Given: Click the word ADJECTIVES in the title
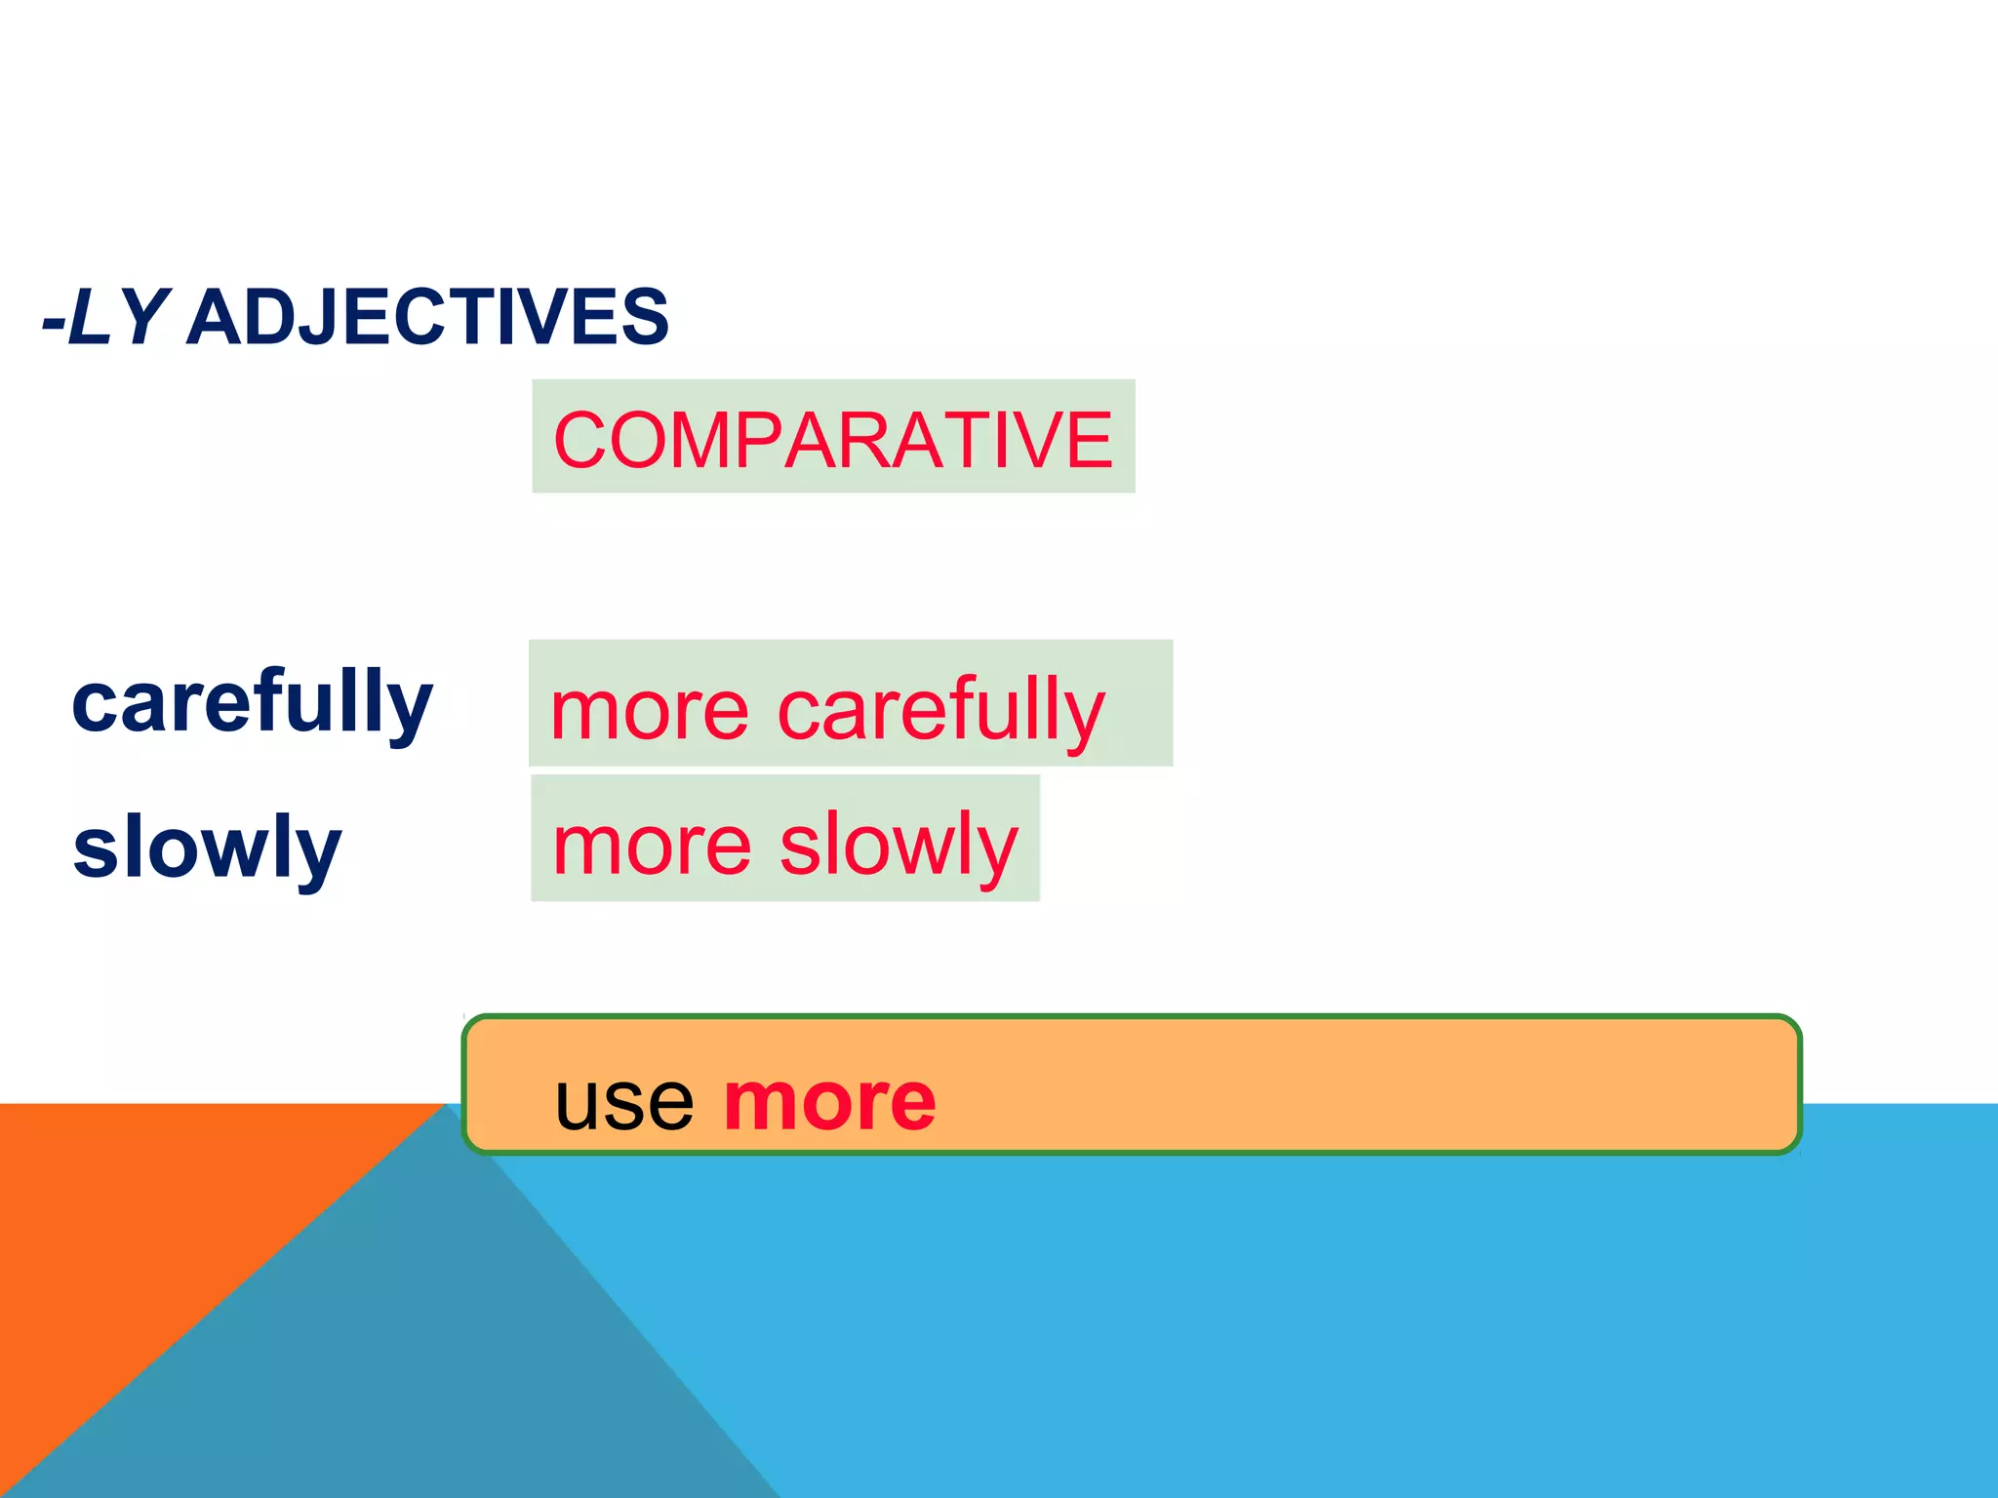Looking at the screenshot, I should point(427,318).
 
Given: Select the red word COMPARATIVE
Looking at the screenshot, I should point(832,441).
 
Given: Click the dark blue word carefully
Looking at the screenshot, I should point(252,702).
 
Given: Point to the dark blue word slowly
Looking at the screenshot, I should point(207,847).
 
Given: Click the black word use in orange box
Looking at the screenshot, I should point(624,1102).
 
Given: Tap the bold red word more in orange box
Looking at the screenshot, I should point(829,1102).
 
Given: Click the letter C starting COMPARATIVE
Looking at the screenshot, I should point(581,441).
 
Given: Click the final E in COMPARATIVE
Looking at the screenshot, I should point(1089,441).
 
